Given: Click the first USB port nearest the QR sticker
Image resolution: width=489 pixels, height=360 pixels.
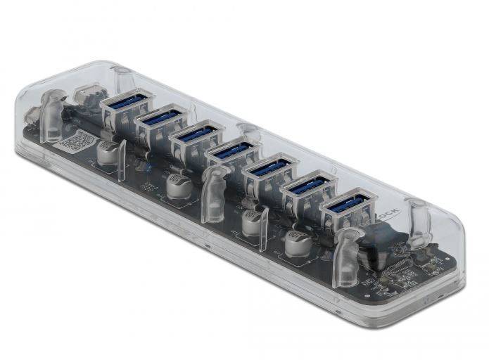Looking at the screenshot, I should pyautogui.click(x=126, y=103).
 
